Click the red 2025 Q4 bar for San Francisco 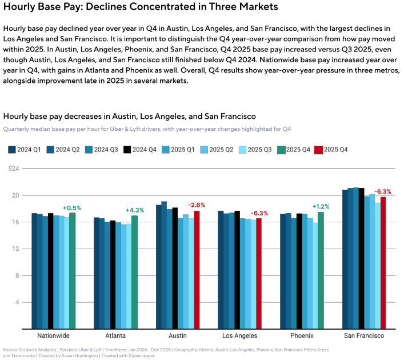tap(383, 263)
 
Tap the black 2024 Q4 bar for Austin tap(175, 268)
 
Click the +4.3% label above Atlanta tap(135, 210)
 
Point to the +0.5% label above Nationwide tap(72, 207)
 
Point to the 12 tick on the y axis tap(15, 249)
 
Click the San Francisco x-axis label tap(363, 335)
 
